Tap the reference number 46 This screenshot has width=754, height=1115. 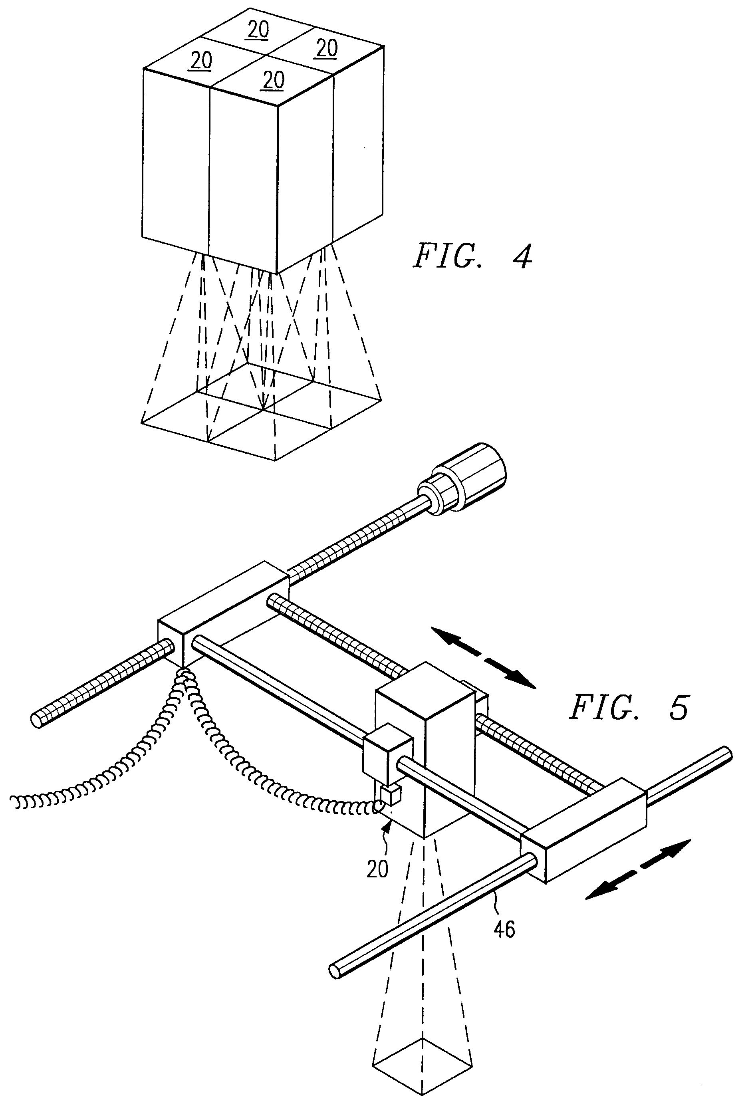pos(504,930)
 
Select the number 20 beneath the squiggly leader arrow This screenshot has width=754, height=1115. pos(377,869)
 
